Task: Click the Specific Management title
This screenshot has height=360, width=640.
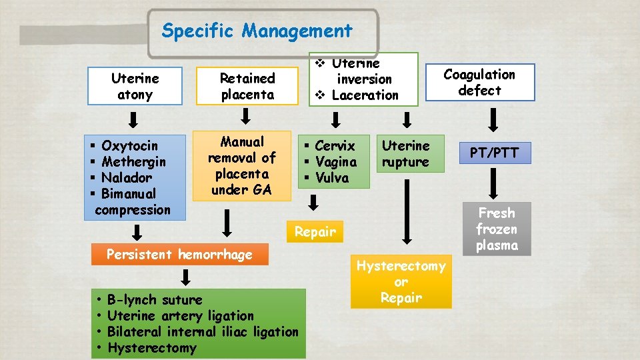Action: [x=257, y=31]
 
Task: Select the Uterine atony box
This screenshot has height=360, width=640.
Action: [x=135, y=86]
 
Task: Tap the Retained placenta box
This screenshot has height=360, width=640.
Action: [x=247, y=86]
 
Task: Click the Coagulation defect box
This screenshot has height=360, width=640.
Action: [x=479, y=82]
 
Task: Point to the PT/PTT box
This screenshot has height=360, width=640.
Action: [x=493, y=153]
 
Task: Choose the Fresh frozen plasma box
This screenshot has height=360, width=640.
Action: [x=497, y=229]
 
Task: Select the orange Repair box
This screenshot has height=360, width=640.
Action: [x=315, y=232]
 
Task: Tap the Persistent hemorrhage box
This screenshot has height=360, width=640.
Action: [x=179, y=254]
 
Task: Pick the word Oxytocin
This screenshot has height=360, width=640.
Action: [x=130, y=145]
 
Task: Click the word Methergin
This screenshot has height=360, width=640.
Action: [x=134, y=161]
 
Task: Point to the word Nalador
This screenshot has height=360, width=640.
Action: [x=127, y=177]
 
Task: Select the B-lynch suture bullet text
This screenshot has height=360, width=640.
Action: [x=155, y=299]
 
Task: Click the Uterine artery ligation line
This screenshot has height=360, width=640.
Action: [x=180, y=315]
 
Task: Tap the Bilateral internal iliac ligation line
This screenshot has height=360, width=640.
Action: [x=203, y=331]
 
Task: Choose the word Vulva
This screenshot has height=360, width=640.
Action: [x=332, y=177]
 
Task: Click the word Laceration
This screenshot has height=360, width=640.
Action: [x=365, y=95]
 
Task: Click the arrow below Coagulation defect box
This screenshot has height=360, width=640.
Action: [x=493, y=120]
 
